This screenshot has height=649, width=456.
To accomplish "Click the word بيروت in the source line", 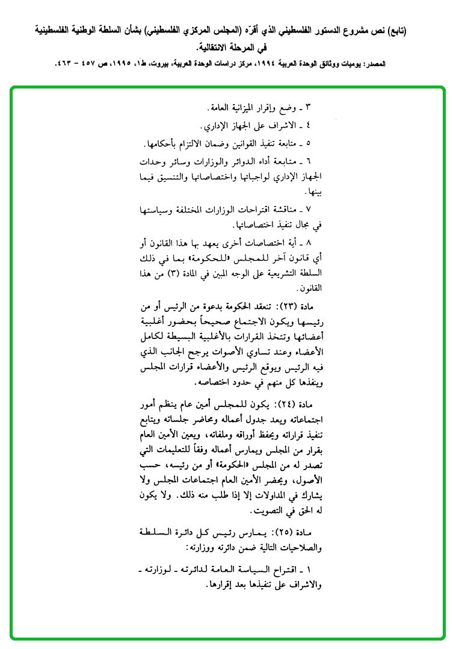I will (140, 64).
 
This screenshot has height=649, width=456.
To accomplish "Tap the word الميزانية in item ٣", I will (243, 108).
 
